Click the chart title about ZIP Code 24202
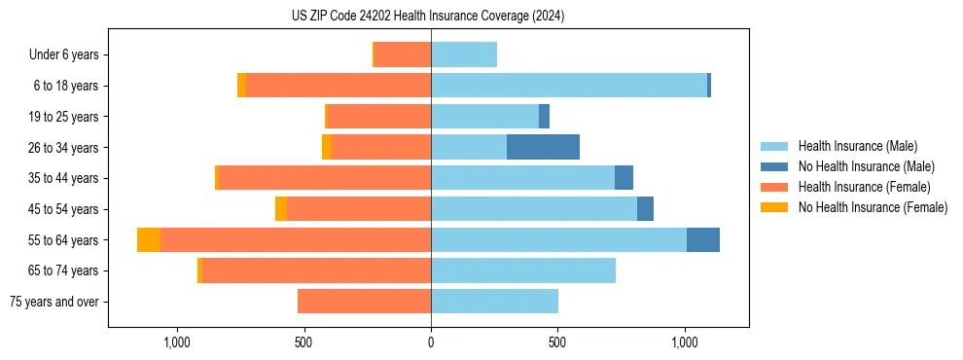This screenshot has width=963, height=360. (428, 17)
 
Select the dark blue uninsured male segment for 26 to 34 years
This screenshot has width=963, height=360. (543, 147)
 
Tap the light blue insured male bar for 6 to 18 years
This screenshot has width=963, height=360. (568, 86)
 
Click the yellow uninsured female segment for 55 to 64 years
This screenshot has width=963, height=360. (149, 240)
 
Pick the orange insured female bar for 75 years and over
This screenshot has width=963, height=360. (364, 302)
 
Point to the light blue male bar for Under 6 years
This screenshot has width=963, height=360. (464, 54)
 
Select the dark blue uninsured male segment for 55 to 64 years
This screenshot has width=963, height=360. (703, 240)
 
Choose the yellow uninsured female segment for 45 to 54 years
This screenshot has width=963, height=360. (281, 209)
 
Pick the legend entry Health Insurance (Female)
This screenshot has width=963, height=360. (864, 187)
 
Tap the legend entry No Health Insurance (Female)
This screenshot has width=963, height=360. (873, 207)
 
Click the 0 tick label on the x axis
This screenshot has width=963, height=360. (431, 342)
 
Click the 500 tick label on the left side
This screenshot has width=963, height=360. (303, 342)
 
